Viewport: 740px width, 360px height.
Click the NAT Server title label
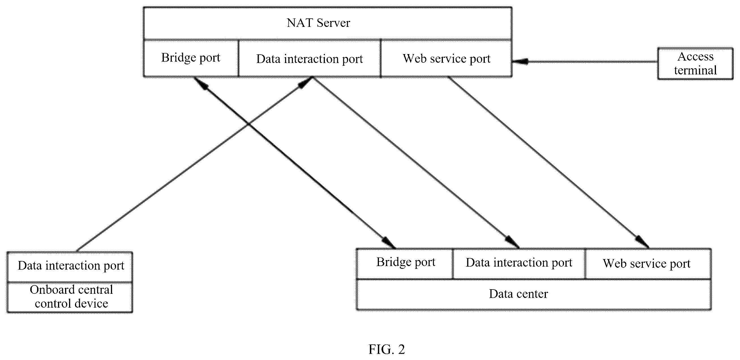pyautogui.click(x=318, y=23)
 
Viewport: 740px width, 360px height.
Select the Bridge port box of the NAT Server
pyautogui.click(x=191, y=58)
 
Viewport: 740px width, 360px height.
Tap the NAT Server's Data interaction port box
pyautogui.click(x=310, y=58)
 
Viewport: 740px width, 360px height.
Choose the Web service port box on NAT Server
pyautogui.click(x=447, y=58)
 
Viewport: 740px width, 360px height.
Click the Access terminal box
pyautogui.click(x=695, y=63)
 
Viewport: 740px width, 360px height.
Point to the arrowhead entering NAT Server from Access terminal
pyautogui.click(x=520, y=61)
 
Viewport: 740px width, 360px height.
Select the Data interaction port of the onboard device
pyautogui.click(x=70, y=266)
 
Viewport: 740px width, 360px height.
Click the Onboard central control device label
pyautogui.click(x=71, y=297)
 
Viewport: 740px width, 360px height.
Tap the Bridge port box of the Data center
pyautogui.click(x=405, y=263)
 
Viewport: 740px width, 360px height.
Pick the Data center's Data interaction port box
pyautogui.click(x=519, y=263)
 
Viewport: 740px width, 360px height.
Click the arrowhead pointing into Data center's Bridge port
pyautogui.click(x=389, y=243)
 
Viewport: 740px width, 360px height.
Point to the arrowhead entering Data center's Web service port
pyautogui.click(x=642, y=242)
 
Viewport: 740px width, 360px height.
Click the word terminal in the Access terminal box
pyautogui.click(x=695, y=70)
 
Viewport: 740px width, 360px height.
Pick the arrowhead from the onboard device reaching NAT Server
pyautogui.click(x=305, y=83)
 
